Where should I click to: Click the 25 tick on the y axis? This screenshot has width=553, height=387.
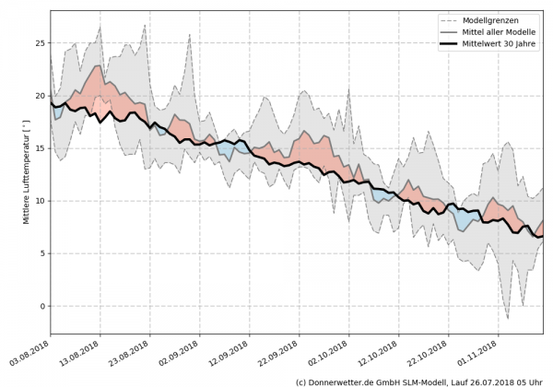click(40, 43)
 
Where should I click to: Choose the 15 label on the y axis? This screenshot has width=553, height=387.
click(40, 148)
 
